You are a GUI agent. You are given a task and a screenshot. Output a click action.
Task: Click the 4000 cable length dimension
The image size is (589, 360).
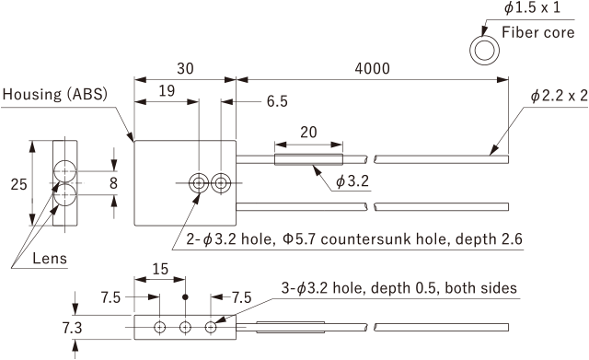pyautogui.click(x=372, y=68)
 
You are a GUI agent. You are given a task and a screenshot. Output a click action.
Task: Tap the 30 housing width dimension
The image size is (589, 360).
pyautogui.click(x=185, y=68)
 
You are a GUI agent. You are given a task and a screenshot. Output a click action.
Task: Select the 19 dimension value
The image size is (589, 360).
pyautogui.click(x=167, y=91)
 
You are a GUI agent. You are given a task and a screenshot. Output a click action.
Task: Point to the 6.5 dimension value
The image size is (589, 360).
pyautogui.click(x=277, y=101)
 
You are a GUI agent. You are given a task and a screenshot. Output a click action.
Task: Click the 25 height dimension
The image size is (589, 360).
pyautogui.click(x=18, y=184)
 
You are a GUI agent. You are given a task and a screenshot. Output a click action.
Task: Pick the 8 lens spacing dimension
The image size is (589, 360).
pyautogui.click(x=113, y=183)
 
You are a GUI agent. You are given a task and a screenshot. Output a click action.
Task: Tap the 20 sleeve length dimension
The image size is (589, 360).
pyautogui.click(x=308, y=133)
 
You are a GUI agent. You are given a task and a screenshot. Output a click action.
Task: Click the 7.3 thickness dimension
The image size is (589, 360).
pyautogui.click(x=72, y=328)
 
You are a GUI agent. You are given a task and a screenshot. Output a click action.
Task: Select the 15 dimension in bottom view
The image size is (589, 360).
pyautogui.click(x=160, y=269)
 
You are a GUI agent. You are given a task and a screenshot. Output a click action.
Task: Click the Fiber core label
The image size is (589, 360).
pyautogui.click(x=537, y=33)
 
